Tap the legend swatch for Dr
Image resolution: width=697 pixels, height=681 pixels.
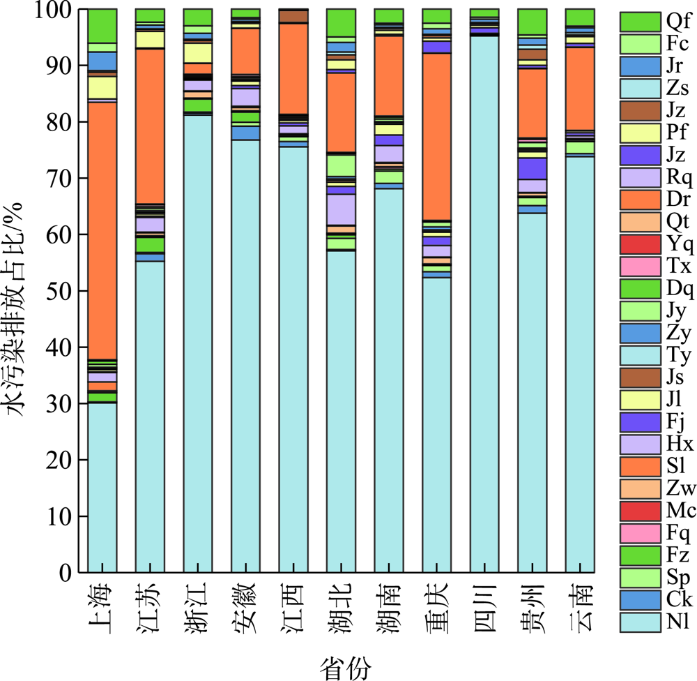(x=639, y=200)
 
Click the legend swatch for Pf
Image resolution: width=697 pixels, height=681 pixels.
(x=639, y=133)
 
